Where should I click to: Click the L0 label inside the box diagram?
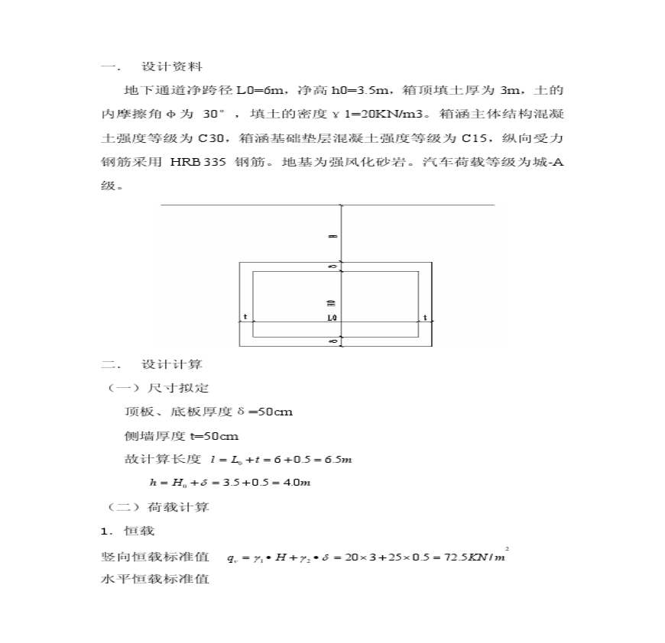332,317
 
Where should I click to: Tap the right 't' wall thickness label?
424,317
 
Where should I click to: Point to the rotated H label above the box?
332,236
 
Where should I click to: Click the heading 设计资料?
172,67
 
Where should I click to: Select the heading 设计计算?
172,364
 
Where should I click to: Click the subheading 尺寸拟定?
177,388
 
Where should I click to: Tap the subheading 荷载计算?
177,506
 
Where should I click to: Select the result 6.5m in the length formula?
336,460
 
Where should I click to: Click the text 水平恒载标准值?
155,579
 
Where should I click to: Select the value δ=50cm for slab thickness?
265,412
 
